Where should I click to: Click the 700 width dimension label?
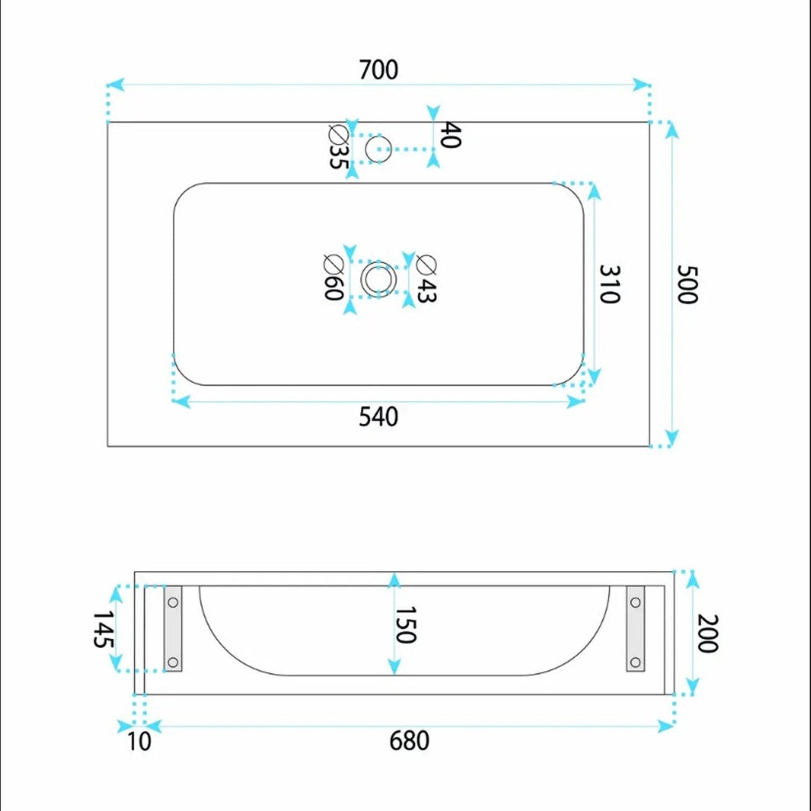pyautogui.click(x=378, y=70)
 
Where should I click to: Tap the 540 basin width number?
pyautogui.click(x=378, y=417)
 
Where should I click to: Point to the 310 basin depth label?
pyautogui.click(x=610, y=284)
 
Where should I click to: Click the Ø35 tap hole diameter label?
pyautogui.click(x=339, y=147)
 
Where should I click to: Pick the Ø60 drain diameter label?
pyautogui.click(x=334, y=278)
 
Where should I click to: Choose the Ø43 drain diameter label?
pyautogui.click(x=427, y=278)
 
